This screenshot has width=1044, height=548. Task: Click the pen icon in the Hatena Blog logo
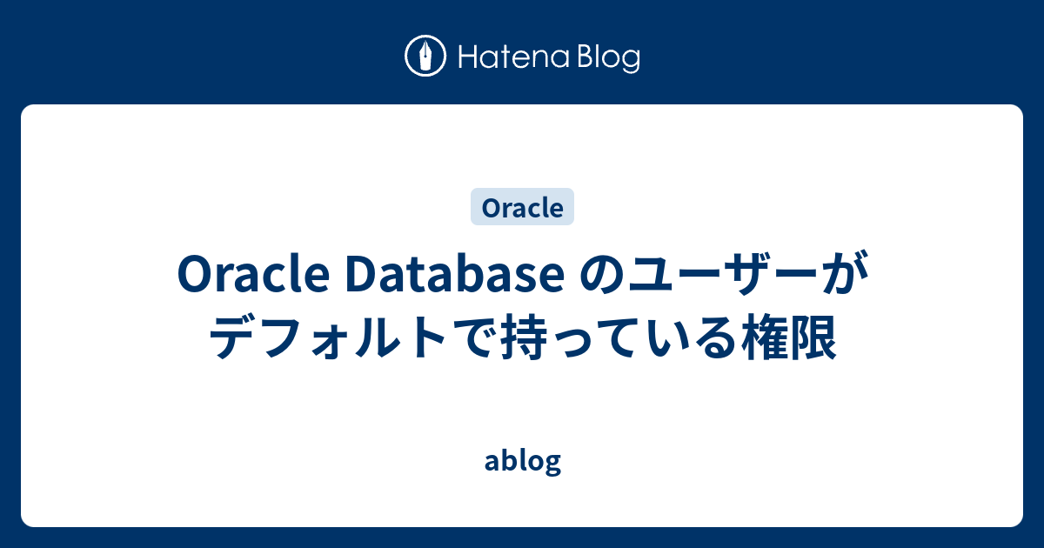pos(426,57)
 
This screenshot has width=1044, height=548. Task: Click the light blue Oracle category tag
pos(522,208)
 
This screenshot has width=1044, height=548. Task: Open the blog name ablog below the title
pos(522,462)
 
